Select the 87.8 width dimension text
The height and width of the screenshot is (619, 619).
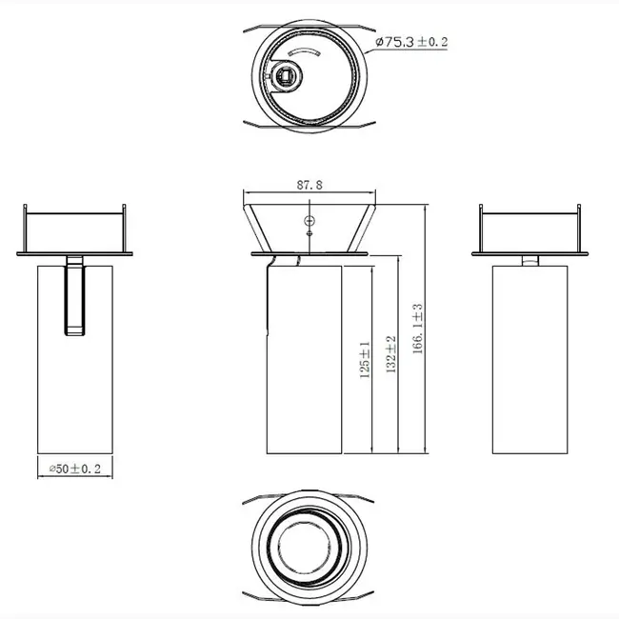click(309, 187)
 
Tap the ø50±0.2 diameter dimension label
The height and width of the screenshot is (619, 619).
click(74, 469)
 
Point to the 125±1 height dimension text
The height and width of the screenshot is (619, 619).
click(364, 361)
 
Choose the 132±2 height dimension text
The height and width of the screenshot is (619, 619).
click(390, 354)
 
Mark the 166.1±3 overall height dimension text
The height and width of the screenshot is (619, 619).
click(417, 329)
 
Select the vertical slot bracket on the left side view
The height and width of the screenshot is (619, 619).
click(74, 296)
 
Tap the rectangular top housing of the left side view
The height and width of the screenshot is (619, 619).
click(74, 229)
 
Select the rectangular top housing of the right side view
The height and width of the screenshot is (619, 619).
click(531, 229)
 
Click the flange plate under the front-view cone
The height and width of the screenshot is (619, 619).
click(309, 254)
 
